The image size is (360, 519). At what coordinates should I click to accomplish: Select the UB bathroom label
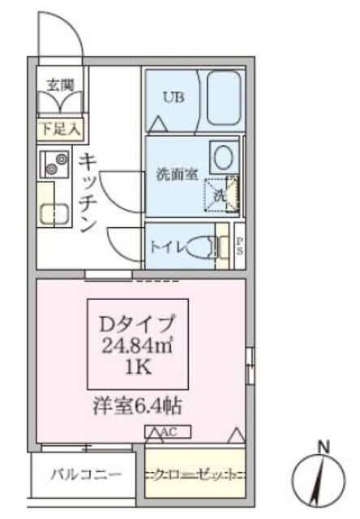coord(173,98)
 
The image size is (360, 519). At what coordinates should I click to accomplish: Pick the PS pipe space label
coord(240,246)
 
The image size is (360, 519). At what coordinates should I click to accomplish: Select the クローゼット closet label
coord(194,474)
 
